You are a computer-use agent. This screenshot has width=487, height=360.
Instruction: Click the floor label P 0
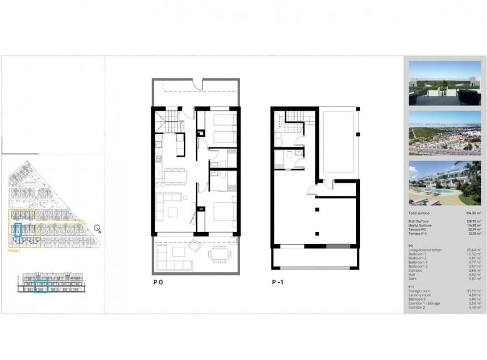click(158, 282)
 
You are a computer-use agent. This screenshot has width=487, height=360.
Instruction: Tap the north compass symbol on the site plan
click(98, 229)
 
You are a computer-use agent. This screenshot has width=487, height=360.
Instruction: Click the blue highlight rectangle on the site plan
click(18, 230)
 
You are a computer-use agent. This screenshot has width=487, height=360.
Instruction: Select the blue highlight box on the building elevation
click(41, 286)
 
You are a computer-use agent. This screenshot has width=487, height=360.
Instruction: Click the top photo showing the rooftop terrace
click(444, 83)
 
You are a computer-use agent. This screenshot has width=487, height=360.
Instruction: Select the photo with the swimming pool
click(444, 183)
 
